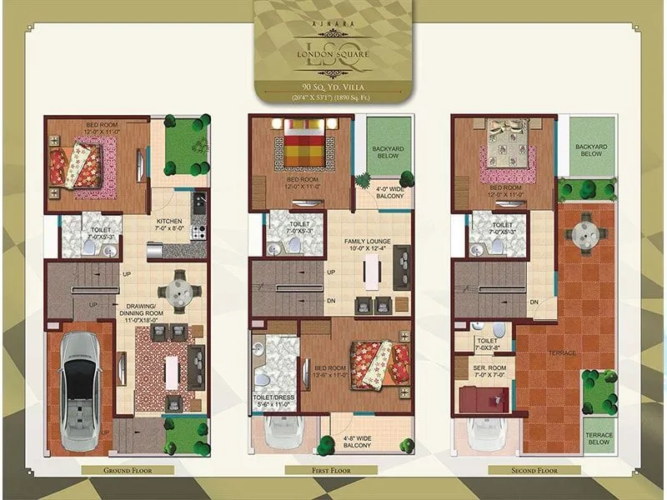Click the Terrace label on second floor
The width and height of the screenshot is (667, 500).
tap(563, 353)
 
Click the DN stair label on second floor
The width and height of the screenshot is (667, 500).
tap(534, 302)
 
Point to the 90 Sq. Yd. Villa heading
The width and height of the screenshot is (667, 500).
tap(333, 86)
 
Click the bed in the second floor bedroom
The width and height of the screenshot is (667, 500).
tap(506, 150)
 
